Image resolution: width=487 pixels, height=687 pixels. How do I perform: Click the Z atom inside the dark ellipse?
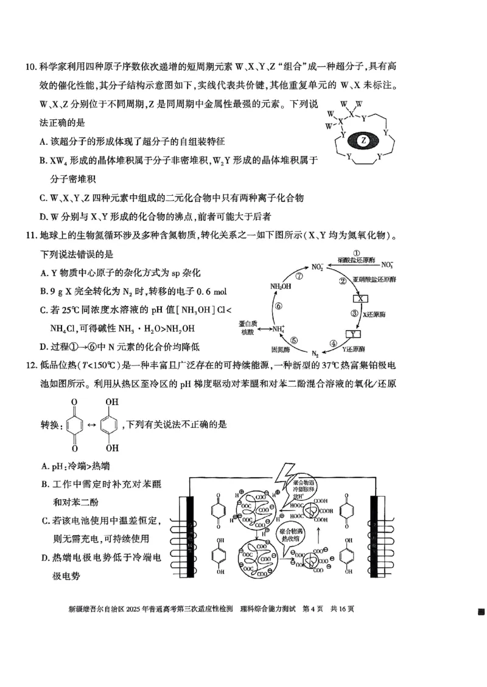[363, 140]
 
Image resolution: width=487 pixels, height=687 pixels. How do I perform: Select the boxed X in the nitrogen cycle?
[361, 299]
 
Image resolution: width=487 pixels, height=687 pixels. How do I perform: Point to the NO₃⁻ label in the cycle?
[387, 265]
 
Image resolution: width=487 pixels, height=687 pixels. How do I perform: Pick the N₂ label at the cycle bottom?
[315, 353]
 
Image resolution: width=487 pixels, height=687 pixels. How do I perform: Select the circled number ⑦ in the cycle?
[299, 275]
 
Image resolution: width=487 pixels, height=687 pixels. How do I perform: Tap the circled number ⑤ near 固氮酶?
[294, 341]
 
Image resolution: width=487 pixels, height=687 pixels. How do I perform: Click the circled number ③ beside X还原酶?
[354, 314]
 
